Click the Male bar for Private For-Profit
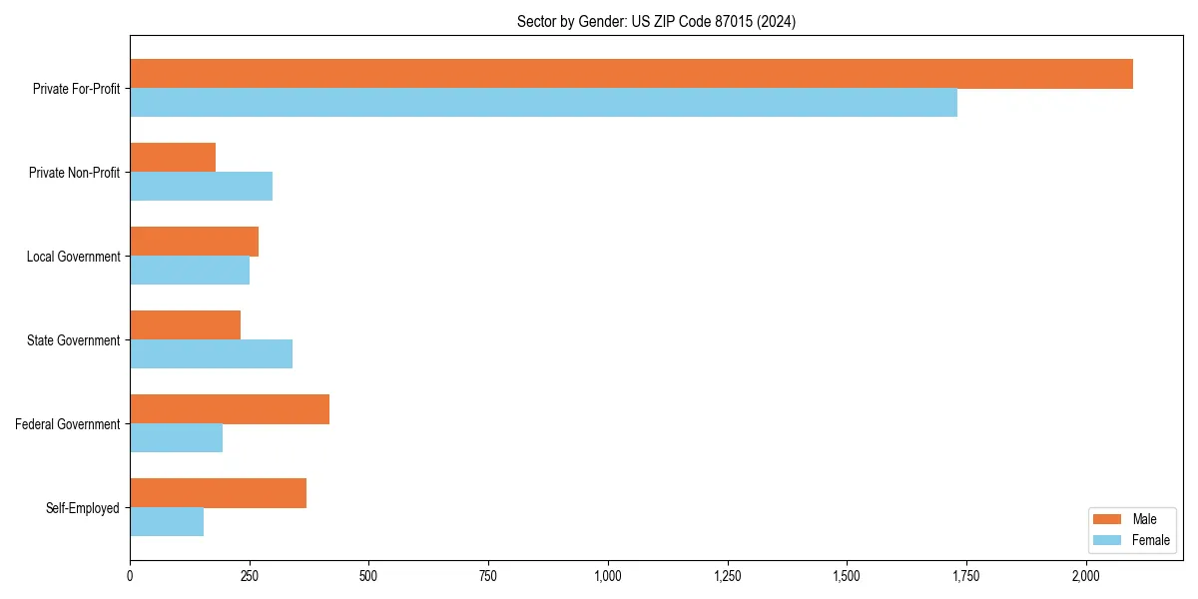click(x=631, y=74)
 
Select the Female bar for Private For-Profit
click(x=543, y=103)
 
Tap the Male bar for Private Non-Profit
click(x=173, y=158)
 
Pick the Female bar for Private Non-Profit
click(x=201, y=187)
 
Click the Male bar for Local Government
click(x=194, y=242)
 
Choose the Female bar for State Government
click(x=211, y=354)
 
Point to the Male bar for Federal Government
click(x=230, y=409)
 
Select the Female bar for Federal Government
click(x=176, y=438)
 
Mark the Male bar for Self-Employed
click(x=218, y=493)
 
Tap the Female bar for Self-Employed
click(x=167, y=522)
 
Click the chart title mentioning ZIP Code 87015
click(x=656, y=21)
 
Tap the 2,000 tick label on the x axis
click(x=1086, y=576)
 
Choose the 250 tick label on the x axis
click(x=250, y=576)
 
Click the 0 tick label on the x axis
click(x=130, y=576)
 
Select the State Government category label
click(x=74, y=340)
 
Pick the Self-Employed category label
click(x=83, y=508)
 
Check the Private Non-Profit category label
click(x=74, y=173)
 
